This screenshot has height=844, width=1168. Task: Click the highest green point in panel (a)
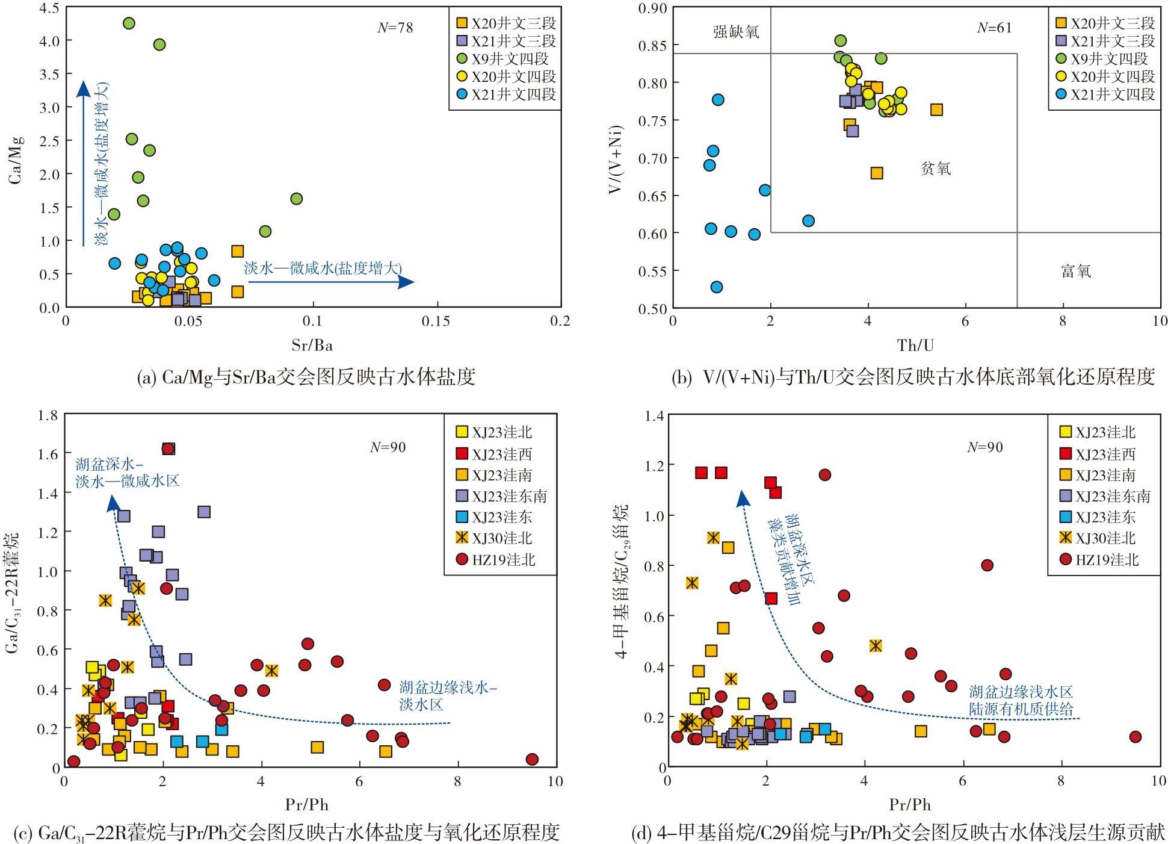click(128, 23)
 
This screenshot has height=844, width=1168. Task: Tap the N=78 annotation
click(395, 28)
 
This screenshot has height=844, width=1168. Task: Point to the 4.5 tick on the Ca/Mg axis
click(49, 8)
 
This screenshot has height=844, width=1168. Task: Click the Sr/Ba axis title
click(312, 345)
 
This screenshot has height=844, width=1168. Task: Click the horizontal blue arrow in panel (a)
click(332, 282)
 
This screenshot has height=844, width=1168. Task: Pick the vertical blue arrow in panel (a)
click(84, 163)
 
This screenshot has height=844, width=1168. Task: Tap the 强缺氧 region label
click(736, 32)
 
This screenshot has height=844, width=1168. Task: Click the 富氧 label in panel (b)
click(1076, 272)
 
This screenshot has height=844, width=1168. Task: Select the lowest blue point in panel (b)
click(716, 287)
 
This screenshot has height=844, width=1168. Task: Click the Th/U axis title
click(916, 345)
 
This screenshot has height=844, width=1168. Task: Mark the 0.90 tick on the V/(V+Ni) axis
click(652, 8)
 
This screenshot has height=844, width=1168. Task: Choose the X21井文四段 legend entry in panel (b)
click(1105, 94)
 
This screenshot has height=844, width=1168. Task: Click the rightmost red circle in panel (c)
click(532, 759)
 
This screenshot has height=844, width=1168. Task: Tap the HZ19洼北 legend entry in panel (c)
click(496, 560)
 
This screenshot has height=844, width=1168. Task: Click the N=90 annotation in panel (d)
click(985, 447)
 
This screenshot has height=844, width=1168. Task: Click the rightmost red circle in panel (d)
click(1136, 737)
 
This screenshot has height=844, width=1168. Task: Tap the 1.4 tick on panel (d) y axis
click(654, 415)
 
